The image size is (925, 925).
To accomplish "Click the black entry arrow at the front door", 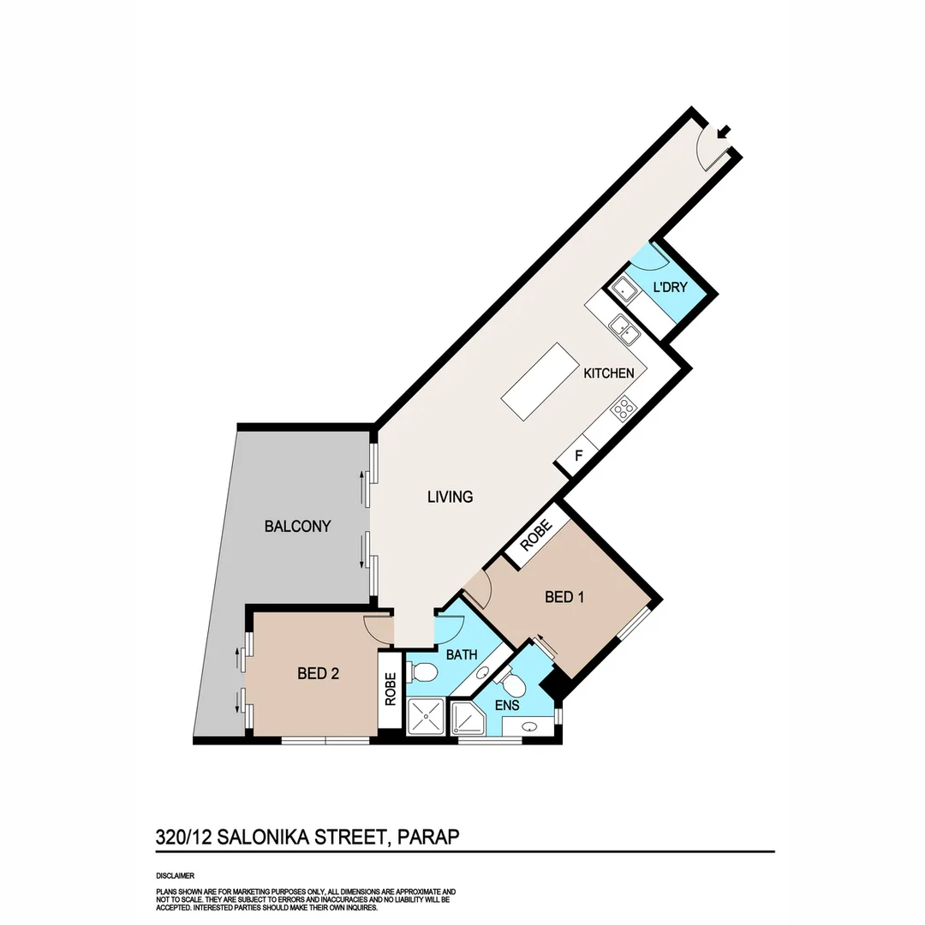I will [725, 132].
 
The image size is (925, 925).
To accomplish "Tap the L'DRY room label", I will [670, 288].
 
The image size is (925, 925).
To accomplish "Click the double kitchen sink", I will [623, 328].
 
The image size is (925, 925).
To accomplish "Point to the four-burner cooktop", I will [624, 408].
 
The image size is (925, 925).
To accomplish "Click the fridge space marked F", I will [578, 456].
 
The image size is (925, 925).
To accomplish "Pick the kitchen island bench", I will [540, 381].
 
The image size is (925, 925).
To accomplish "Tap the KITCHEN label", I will [609, 373].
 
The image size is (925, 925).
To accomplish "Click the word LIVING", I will [450, 497].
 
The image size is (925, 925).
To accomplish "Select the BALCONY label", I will [297, 526].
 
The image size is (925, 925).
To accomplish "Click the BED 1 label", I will [564, 597].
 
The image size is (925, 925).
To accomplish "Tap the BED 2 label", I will [319, 674].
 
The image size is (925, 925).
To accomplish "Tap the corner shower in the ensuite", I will [468, 718].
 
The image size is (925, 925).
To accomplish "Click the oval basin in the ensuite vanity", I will [529, 727].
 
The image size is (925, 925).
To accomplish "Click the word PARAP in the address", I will [427, 837].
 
